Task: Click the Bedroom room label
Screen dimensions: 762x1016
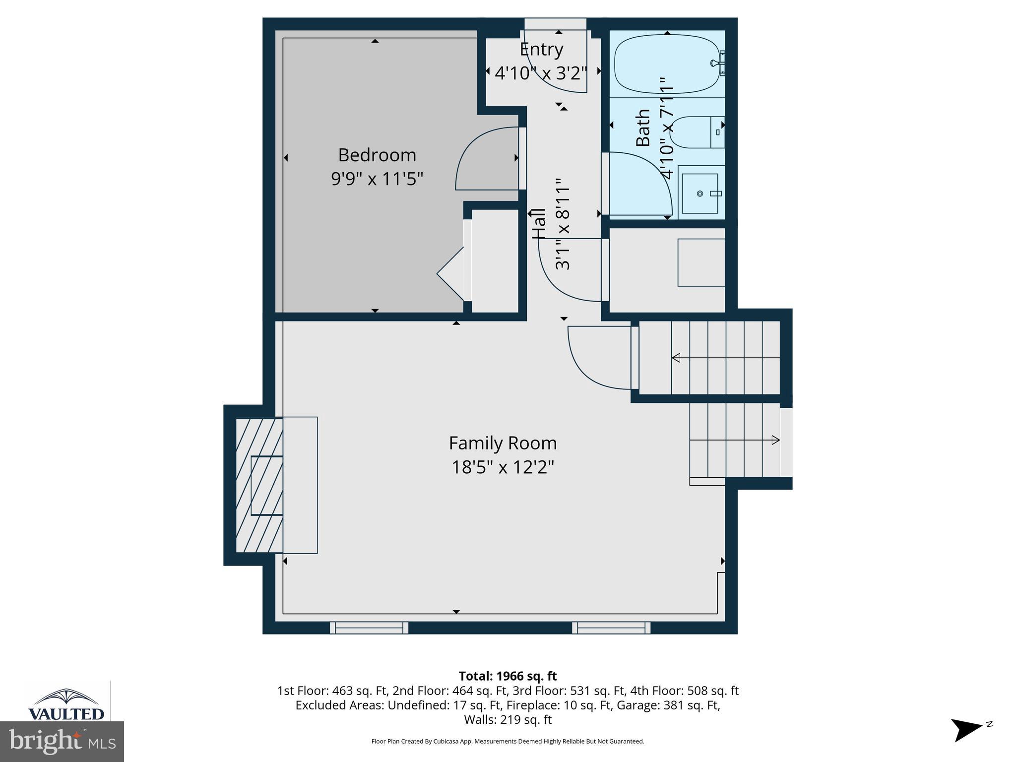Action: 377,155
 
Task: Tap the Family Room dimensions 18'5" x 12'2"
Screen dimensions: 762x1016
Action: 502,467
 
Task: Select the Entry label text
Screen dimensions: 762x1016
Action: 541,50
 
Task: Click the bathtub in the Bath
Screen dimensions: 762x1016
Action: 666,64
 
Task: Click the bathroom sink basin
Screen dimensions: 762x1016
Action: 700,193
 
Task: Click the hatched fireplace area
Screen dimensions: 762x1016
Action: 258,486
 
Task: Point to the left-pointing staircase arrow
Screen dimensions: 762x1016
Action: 676,358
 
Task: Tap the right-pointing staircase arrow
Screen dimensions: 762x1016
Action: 774,440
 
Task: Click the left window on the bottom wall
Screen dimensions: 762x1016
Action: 369,628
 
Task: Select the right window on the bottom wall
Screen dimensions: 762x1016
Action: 611,628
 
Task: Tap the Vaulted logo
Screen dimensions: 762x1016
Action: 66,705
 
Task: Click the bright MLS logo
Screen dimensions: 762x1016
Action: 62,741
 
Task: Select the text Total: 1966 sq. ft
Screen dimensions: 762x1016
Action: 508,676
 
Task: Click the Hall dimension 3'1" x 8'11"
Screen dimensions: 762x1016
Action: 563,224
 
